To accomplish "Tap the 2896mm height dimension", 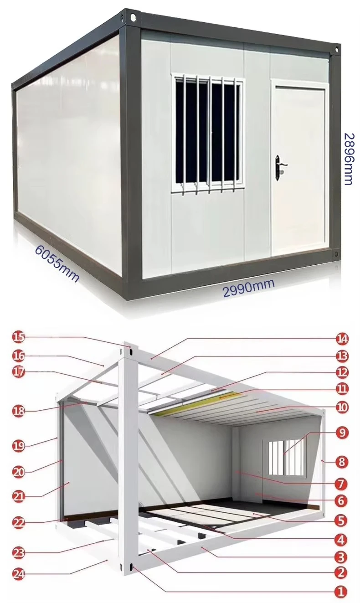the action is [349, 159].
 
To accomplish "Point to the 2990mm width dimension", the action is [249, 289].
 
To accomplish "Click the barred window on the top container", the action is [207, 133].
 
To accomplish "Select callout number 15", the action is [19, 337].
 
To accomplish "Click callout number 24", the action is [19, 573].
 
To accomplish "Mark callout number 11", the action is [341, 389].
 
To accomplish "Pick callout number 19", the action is [19, 445].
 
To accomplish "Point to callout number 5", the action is [341, 520].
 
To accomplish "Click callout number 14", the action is [341, 338].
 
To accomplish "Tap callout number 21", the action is [19, 495].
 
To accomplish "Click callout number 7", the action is [341, 484].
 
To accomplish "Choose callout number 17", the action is [19, 372].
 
